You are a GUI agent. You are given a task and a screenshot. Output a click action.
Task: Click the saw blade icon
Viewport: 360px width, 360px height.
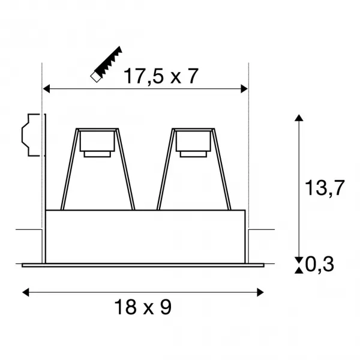click(106, 64)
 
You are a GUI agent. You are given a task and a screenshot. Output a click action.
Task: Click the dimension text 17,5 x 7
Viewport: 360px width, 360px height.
click(161, 76)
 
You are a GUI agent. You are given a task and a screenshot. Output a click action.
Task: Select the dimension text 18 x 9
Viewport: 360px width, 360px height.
click(143, 307)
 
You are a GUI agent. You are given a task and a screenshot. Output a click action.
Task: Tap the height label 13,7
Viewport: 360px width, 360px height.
click(325, 188)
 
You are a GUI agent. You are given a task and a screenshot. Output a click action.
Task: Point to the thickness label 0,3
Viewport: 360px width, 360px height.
click(319, 265)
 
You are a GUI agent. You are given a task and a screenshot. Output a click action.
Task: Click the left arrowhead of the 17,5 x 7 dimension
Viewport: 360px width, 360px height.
click(46, 89)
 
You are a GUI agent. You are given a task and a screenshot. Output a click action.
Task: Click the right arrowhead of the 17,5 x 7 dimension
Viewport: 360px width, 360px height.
click(244, 89)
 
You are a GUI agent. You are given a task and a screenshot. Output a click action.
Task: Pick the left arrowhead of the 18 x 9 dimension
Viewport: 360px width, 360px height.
click(25, 292)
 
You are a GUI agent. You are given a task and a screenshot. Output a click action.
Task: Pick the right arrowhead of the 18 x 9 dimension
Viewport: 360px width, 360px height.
click(260, 292)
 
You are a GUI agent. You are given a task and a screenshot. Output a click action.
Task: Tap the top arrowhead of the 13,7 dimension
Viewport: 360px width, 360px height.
click(299, 118)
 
